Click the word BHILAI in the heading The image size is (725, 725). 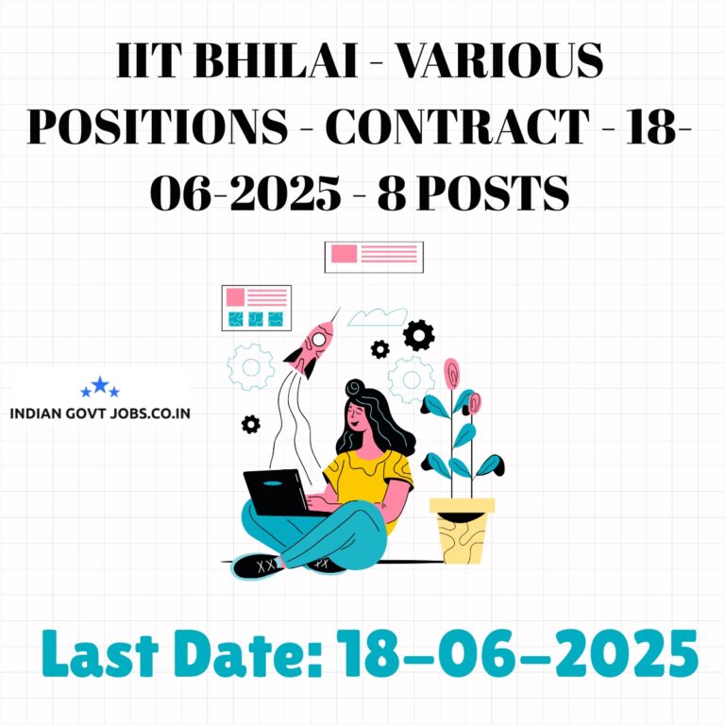pyautogui.click(x=277, y=60)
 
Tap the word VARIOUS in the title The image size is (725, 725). pyautogui.click(x=500, y=60)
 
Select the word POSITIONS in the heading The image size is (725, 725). pyautogui.click(x=158, y=126)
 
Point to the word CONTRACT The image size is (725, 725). pyautogui.click(x=457, y=126)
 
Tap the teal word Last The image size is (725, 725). pyautogui.click(x=101, y=654)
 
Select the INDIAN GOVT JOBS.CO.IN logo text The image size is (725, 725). pyautogui.click(x=100, y=413)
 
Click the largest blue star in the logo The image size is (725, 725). pyautogui.click(x=100, y=385)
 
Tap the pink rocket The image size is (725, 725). pyautogui.click(x=311, y=347)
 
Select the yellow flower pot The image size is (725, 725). pyautogui.click(x=462, y=530)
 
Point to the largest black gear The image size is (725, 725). pyautogui.click(x=418, y=335)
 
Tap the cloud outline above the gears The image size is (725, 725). pyautogui.click(x=378, y=317)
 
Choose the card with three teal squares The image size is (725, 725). pyautogui.click(x=257, y=308)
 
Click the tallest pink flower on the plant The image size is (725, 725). pyautogui.click(x=452, y=373)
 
